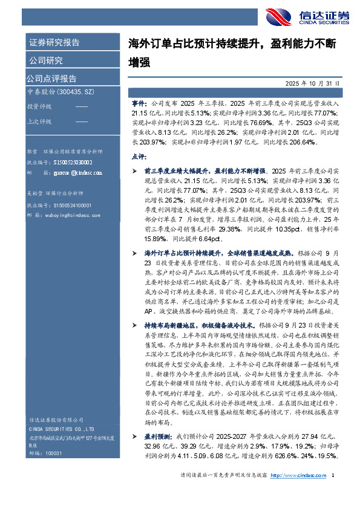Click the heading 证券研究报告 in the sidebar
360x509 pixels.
point(54,43)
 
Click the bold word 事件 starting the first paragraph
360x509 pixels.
point(139,104)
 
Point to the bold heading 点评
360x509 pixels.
point(139,156)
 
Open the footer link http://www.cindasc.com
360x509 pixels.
point(296,491)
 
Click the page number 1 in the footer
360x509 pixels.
point(334,491)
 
